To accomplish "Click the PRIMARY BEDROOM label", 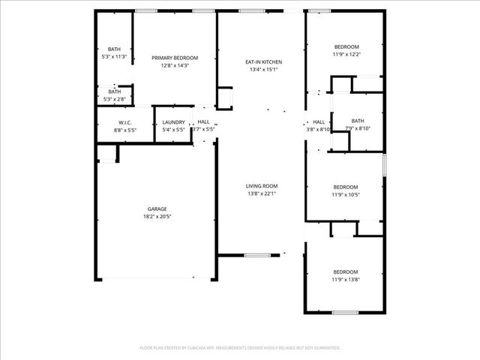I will [175, 58].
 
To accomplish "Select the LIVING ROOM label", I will [262, 186].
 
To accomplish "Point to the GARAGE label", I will [157, 208].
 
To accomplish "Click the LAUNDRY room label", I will [173, 122].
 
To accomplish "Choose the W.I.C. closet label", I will [125, 122].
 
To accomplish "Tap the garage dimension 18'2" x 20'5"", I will [157, 217].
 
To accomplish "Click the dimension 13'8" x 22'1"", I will [262, 193].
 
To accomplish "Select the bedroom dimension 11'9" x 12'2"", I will [346, 54].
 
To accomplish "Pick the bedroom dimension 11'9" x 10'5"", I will [346, 194].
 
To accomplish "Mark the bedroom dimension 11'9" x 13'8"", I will [346, 279].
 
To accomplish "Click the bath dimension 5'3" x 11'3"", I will [114, 56].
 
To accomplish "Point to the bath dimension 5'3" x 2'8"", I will [114, 99].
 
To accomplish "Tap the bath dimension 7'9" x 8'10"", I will [357, 129].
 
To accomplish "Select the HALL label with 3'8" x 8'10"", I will [319, 121].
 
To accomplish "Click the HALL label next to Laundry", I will [203, 122].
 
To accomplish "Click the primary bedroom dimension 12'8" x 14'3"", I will [175, 65].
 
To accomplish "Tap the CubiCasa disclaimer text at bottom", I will [240, 348].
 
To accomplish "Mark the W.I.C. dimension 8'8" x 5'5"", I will [125, 130].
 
